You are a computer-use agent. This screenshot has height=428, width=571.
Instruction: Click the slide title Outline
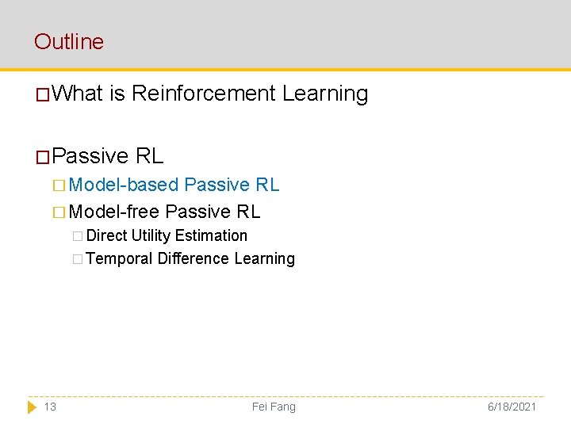coord(68,41)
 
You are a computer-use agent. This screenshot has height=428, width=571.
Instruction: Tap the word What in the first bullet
coord(79,94)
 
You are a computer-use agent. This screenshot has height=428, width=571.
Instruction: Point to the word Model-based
coord(124,185)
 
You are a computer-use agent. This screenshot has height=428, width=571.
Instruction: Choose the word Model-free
coord(114,212)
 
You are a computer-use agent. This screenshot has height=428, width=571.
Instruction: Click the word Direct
coord(107,235)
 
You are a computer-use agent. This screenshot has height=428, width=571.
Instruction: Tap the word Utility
coord(151,235)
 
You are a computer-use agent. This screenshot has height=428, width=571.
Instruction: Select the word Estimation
coord(211,235)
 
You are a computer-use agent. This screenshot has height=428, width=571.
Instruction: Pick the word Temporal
coord(119,258)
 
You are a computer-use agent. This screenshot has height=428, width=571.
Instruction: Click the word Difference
coord(193,258)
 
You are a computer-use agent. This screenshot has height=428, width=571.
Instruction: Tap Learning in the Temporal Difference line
coord(264,258)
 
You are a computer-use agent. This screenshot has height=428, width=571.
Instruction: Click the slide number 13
coord(51,407)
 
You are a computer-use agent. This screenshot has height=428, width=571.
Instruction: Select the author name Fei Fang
coord(274,407)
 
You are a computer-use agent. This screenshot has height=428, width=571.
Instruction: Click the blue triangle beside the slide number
coord(32,407)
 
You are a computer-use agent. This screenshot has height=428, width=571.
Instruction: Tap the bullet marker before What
coord(43,95)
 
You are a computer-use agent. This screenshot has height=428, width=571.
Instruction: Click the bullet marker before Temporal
coord(77,259)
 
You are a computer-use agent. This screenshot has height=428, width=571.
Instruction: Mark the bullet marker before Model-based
coord(60,185)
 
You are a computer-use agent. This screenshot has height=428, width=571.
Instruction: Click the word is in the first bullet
coord(117,94)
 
